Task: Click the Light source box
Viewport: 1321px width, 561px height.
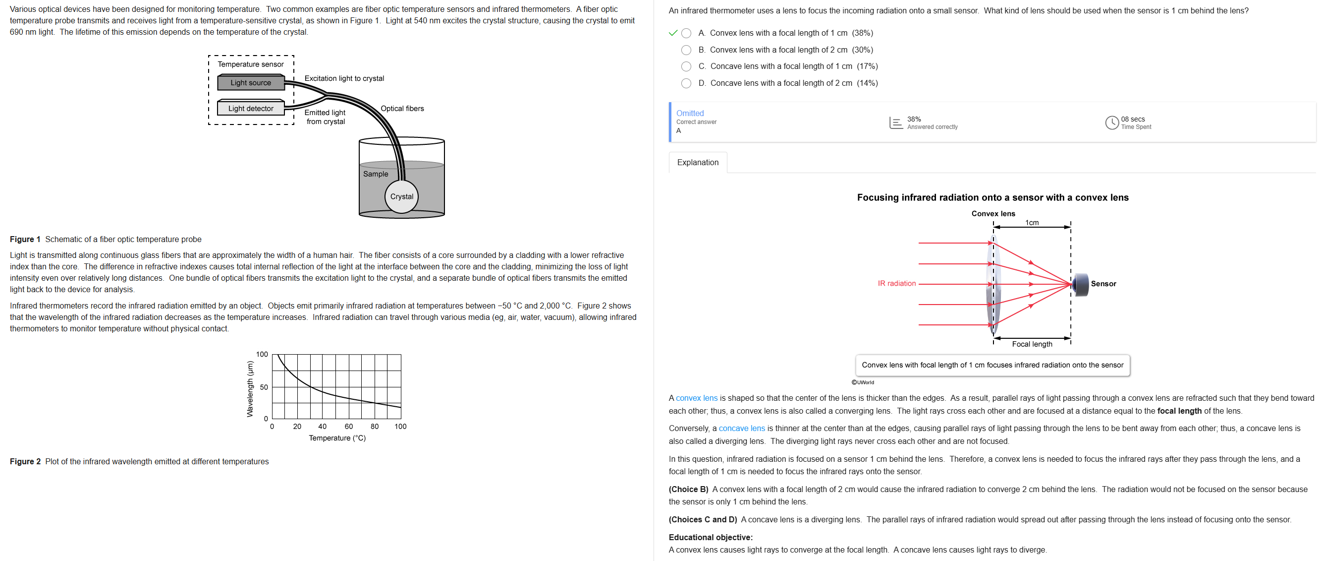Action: tap(251, 82)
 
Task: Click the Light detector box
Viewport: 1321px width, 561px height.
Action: tap(251, 108)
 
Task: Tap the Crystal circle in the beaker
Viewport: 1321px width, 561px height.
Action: tap(401, 196)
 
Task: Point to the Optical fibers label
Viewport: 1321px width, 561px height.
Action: tap(402, 108)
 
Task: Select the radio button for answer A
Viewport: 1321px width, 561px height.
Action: tap(686, 33)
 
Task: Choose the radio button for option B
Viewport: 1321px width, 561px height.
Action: tap(686, 50)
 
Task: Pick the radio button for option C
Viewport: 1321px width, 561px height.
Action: tap(686, 66)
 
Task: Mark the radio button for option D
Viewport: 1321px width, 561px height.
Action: tap(686, 83)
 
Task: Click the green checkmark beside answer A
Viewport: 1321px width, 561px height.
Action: tap(673, 33)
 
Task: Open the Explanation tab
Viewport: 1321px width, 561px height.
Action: tap(698, 162)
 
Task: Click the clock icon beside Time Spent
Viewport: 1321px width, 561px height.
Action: tap(1112, 123)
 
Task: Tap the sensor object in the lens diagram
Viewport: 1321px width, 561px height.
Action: tap(1080, 284)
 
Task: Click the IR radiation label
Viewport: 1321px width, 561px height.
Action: tap(896, 283)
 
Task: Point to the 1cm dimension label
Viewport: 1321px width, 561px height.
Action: tap(1032, 223)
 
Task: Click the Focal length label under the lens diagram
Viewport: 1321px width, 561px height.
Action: tap(1032, 344)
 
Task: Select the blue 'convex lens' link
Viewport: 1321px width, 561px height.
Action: tap(696, 398)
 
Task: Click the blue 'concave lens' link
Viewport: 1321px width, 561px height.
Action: tap(742, 428)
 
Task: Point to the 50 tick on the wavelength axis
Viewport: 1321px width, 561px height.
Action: tap(264, 387)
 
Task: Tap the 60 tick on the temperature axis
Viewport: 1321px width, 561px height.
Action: tap(349, 427)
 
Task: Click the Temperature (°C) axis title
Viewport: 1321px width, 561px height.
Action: tap(337, 438)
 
